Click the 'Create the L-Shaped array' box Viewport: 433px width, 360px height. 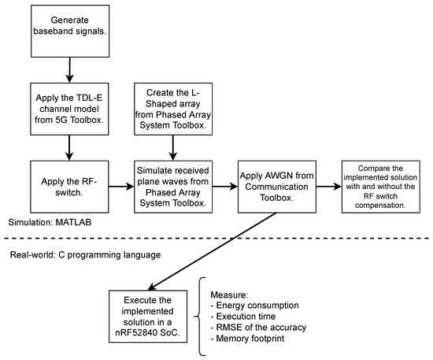tap(171, 109)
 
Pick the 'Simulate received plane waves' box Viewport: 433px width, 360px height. tap(171, 187)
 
